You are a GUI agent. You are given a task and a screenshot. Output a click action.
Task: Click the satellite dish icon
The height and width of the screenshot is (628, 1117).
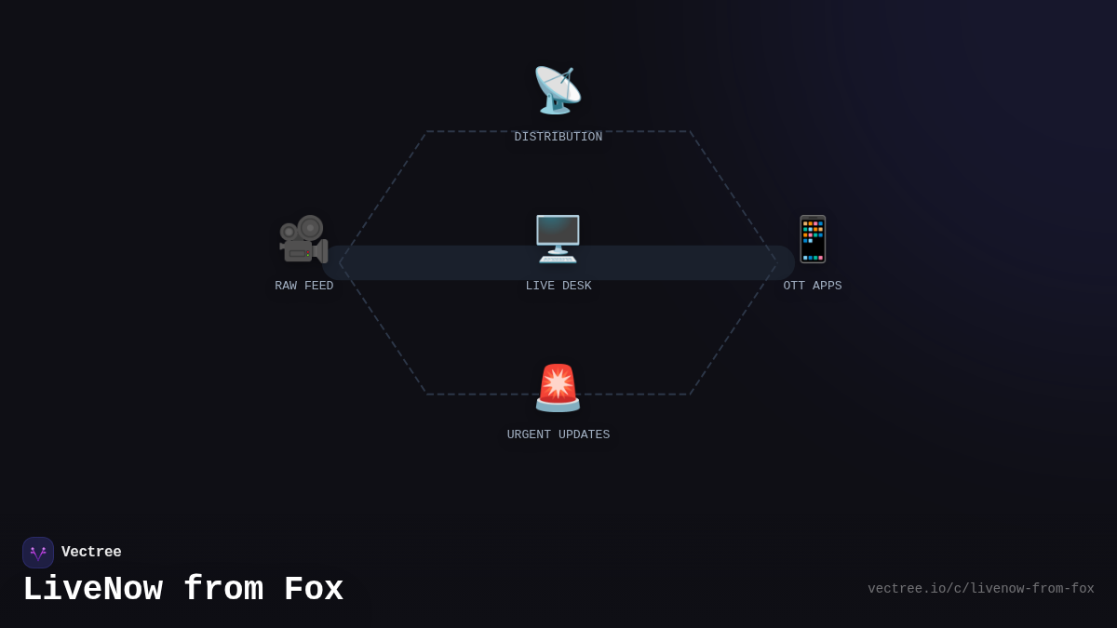(558, 90)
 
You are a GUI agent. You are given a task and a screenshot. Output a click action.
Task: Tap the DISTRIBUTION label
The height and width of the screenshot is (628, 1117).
(558, 138)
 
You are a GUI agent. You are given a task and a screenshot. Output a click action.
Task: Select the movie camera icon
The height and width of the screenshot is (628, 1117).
(303, 239)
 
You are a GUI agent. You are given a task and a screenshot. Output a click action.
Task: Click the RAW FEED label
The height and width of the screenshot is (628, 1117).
(304, 287)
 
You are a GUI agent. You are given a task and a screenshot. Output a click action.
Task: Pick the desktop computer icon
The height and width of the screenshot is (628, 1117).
(558, 239)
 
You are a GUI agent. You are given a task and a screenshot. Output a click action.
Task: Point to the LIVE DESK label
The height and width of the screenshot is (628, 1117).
(558, 287)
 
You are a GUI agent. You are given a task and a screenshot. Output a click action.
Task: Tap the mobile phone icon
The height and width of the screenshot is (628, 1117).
(813, 239)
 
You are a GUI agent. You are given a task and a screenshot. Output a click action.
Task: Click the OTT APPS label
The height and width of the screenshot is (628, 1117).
(813, 287)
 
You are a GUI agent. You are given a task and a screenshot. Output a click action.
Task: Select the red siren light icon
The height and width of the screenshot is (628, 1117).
(558, 388)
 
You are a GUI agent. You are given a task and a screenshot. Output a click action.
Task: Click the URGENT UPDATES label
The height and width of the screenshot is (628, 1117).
(558, 435)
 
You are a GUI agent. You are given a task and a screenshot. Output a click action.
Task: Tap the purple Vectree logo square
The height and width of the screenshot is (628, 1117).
(38, 553)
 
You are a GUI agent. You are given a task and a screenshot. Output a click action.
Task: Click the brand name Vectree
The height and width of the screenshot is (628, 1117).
(91, 553)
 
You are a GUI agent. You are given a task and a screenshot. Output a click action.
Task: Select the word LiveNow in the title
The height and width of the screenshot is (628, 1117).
(92, 590)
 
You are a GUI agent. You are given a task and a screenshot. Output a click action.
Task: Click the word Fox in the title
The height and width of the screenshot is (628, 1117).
(314, 590)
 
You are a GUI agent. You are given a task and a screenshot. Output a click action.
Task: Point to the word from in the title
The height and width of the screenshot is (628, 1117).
(223, 590)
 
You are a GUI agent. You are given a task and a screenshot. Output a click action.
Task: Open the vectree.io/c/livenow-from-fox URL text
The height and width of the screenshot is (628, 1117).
(981, 589)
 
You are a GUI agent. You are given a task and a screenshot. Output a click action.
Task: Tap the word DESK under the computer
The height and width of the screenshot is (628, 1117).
(576, 287)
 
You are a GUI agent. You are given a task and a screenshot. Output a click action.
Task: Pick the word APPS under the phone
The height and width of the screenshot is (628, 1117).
(827, 287)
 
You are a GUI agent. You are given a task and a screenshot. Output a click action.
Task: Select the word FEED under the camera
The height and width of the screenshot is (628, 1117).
(318, 287)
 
